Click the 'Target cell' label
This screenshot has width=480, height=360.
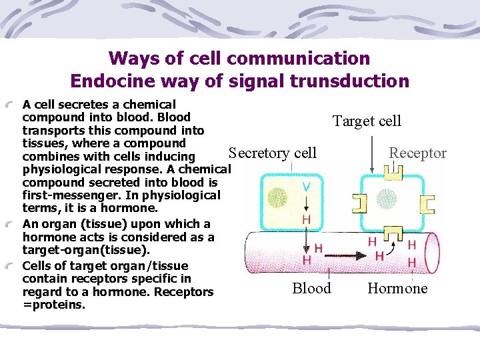pos(367,121)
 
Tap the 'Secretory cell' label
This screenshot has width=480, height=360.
pos(273,153)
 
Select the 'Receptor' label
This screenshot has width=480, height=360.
pos(417,153)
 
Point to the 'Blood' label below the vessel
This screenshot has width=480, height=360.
pos(311,288)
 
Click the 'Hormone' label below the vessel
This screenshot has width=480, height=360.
pos(397,288)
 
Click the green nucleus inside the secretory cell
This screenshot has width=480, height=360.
pos(277,198)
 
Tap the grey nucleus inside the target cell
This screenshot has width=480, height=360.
pos(386,198)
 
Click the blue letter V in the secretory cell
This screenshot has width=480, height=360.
pos(305,186)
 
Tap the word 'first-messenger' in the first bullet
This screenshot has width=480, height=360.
pos(65,195)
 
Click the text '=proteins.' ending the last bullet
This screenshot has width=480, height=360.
pos(54,305)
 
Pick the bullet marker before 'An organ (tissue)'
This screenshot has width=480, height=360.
pos(13,225)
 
